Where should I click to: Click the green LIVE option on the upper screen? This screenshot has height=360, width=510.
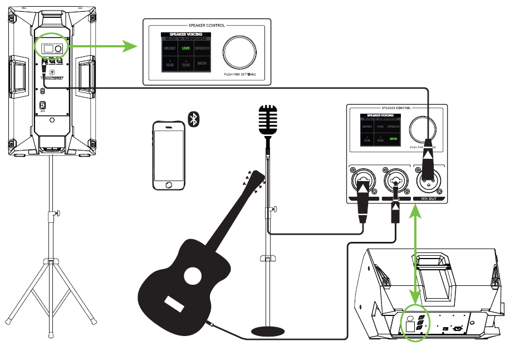tap(186, 48)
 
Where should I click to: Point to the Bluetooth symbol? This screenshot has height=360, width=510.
tap(194, 119)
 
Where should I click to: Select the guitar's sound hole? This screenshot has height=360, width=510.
tap(193, 275)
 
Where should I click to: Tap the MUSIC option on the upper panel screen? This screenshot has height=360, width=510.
tap(170, 48)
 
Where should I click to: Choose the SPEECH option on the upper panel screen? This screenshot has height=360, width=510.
tap(202, 48)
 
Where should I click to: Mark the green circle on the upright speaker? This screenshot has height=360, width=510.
tap(51, 47)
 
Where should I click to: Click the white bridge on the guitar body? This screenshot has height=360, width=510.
tap(174, 304)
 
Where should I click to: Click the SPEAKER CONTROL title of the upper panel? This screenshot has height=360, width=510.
tap(207, 26)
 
